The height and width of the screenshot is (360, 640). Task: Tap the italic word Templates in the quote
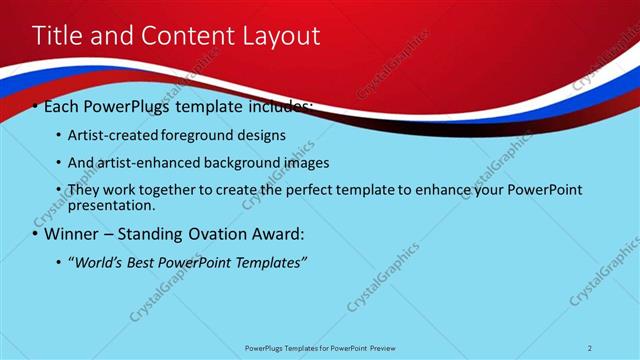270,262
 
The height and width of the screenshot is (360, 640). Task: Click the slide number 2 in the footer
590,348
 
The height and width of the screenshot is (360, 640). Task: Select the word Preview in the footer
378,348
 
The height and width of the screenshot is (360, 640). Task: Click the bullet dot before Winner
35,235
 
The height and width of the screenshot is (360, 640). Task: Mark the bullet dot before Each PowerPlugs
35,107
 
